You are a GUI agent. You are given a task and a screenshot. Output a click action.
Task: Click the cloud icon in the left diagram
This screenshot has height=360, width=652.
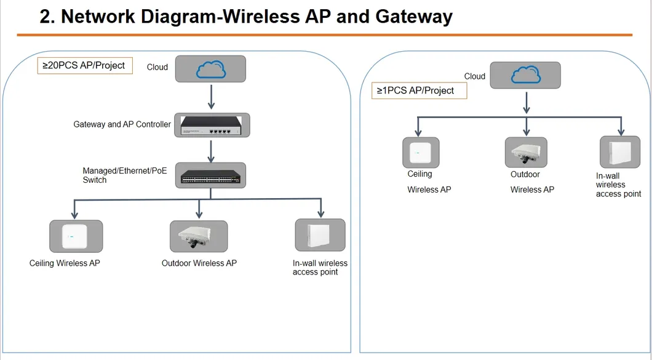(x=211, y=69)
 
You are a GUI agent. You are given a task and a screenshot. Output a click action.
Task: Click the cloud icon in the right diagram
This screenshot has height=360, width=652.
(x=526, y=75)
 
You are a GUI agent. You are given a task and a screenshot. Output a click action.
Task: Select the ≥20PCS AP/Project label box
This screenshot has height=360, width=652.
(x=85, y=65)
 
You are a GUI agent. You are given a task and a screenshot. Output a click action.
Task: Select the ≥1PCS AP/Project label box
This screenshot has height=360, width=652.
(x=419, y=90)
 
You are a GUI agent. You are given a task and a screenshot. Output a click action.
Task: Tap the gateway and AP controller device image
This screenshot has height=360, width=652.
(x=211, y=125)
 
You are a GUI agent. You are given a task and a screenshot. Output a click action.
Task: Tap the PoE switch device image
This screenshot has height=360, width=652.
(x=211, y=175)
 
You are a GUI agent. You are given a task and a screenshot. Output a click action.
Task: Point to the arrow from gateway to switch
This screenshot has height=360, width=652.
(x=211, y=150)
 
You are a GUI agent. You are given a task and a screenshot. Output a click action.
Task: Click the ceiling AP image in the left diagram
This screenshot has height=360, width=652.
(x=76, y=236)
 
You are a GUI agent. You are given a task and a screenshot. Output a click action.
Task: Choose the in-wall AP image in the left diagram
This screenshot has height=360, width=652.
(x=320, y=234)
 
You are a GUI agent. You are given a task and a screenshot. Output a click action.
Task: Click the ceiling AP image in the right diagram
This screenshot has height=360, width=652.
(x=421, y=153)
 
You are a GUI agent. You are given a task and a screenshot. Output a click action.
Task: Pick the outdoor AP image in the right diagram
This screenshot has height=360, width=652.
(x=527, y=152)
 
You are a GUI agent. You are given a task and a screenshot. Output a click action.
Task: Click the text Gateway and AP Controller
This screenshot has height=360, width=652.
(x=122, y=124)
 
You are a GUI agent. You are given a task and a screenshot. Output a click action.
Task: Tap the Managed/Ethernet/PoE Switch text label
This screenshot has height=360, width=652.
(x=124, y=175)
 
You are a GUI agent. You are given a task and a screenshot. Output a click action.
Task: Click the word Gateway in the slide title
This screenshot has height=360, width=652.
(x=413, y=17)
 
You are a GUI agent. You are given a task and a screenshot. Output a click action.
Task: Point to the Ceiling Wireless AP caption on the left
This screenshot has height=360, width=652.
(x=65, y=263)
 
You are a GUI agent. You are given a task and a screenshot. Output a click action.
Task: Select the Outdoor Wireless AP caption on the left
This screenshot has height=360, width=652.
(x=199, y=263)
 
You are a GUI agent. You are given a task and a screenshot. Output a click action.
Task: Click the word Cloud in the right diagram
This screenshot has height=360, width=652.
(x=474, y=76)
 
